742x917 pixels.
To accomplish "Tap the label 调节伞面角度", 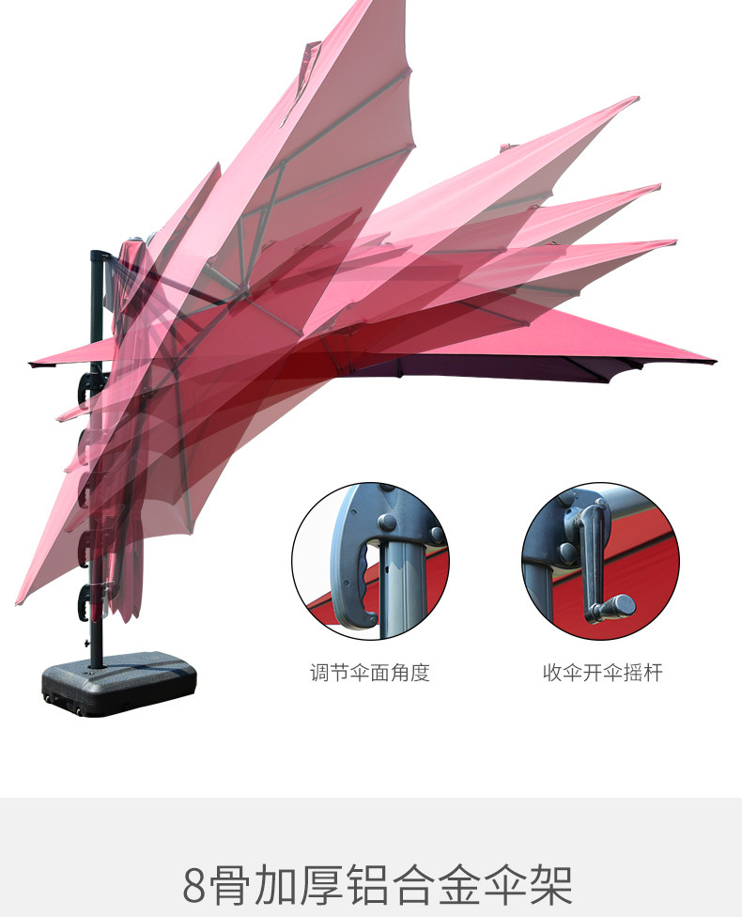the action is pos(370,673).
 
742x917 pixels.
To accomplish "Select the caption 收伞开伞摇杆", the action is pos(602,673).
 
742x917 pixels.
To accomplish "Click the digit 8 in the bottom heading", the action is pos(194,885).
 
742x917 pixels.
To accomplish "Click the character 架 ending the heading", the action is pos(550,885).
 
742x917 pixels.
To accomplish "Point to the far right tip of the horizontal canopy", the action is pos(714,361).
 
